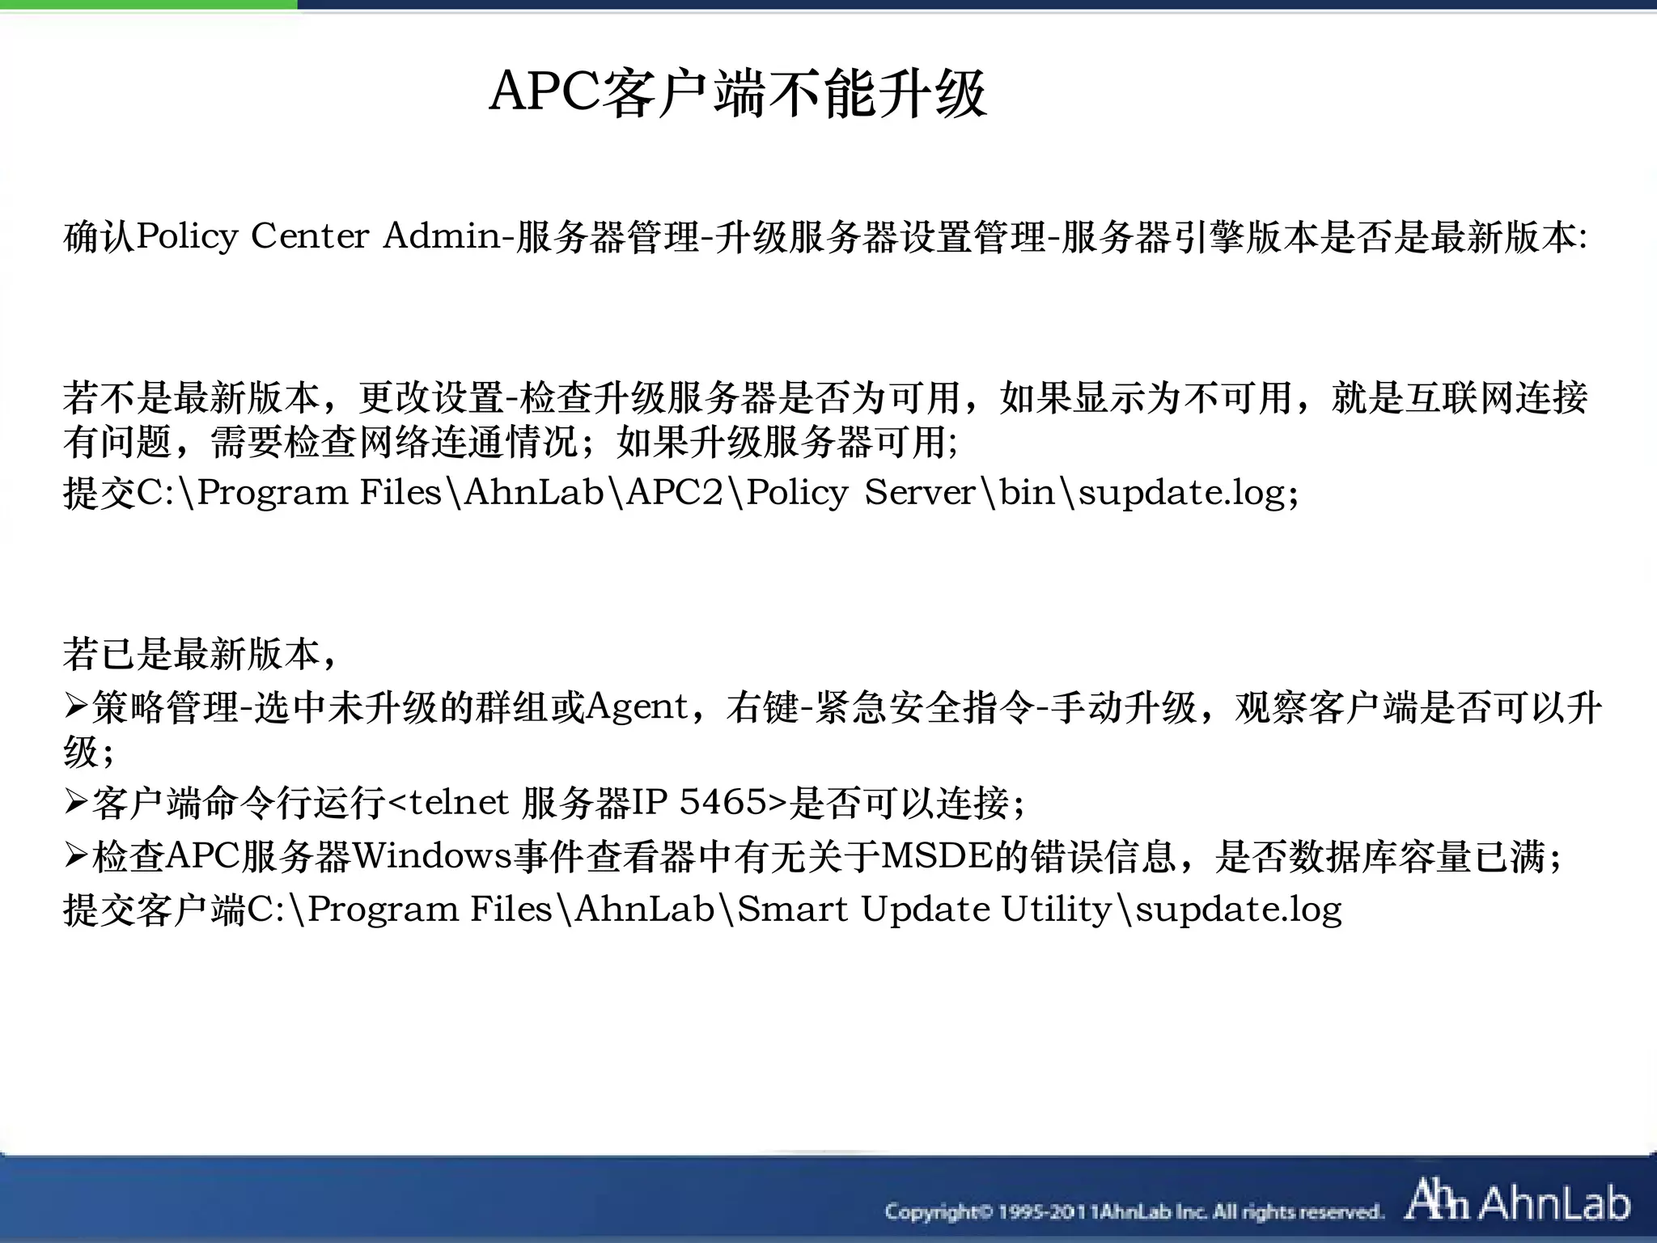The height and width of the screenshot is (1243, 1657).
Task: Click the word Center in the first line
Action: [x=310, y=236]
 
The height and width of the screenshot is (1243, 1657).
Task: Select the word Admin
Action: [x=442, y=236]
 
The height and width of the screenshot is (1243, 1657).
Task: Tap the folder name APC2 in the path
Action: [x=674, y=492]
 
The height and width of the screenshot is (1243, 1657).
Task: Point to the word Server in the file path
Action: [x=920, y=492]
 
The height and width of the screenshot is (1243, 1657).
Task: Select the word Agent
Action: [x=637, y=707]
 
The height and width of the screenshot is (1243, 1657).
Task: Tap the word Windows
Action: [x=432, y=855]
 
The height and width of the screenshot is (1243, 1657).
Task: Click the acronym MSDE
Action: [x=936, y=855]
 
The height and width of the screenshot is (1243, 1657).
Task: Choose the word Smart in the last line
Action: [x=792, y=909]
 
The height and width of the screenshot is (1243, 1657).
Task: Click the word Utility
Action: [x=1056, y=909]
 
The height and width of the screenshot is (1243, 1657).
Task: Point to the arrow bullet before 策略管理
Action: [x=75, y=707]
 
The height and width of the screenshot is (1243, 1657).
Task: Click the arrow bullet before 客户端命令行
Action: [x=75, y=802]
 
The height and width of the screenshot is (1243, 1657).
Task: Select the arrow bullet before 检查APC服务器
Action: [x=75, y=855]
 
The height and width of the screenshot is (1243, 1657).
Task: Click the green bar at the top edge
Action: [x=148, y=5]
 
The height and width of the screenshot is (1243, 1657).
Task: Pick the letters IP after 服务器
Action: [x=650, y=802]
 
